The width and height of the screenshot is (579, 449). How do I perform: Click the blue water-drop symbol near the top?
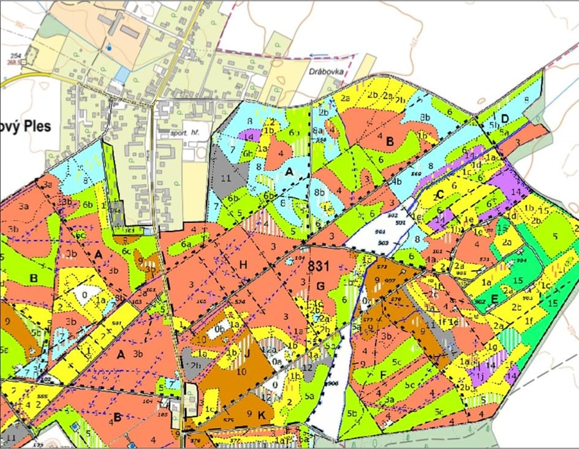pyautogui.click(x=110, y=46)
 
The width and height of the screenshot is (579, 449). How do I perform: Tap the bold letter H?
pyautogui.click(x=243, y=264)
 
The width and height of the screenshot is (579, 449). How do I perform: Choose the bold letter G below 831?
pyautogui.click(x=320, y=285)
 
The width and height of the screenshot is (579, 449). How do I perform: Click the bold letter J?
pyautogui.click(x=248, y=352)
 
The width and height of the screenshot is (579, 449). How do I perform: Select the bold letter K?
pyautogui.click(x=262, y=415)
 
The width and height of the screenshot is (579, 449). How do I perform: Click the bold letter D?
pyautogui.click(x=505, y=118)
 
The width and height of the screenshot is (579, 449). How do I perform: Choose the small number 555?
pyautogui.click(x=42, y=398)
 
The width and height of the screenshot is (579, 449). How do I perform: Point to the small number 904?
pyautogui.click(x=521, y=260)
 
